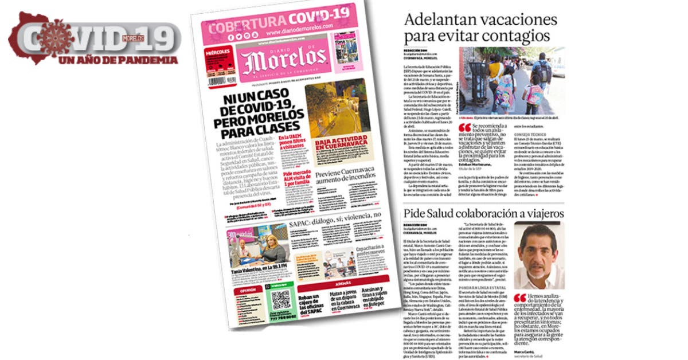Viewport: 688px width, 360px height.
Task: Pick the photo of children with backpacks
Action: [512, 80]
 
